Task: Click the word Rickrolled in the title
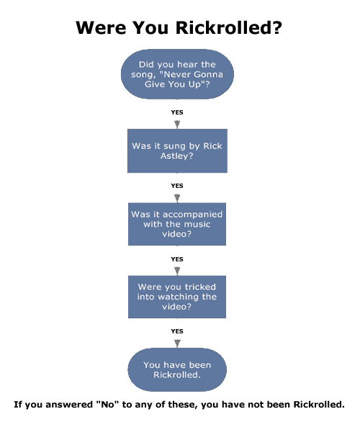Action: [228, 28]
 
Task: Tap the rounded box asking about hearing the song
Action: [177, 74]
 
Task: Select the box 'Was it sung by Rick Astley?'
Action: [177, 150]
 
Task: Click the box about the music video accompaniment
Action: [177, 224]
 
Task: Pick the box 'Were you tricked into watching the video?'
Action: [177, 297]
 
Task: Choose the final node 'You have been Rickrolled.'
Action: [177, 370]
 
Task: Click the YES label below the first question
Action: [177, 112]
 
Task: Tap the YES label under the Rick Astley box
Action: [177, 186]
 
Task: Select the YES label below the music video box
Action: [177, 259]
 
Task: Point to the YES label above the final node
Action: [177, 331]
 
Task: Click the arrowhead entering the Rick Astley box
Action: [177, 125]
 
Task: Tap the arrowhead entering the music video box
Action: [177, 199]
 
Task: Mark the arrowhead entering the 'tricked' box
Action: [177, 271]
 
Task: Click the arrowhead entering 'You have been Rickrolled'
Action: [177, 343]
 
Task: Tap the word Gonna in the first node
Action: [208, 74]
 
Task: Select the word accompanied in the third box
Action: [192, 215]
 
